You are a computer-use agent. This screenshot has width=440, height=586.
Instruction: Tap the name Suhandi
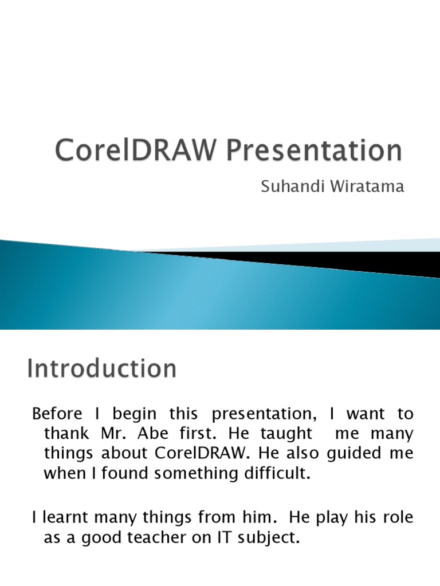coord(288,187)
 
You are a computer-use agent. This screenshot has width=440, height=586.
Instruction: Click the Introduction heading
coord(101,368)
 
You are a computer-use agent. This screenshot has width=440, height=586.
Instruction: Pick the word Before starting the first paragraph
coord(57,414)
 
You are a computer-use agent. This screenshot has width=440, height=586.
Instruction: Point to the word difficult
coord(273,474)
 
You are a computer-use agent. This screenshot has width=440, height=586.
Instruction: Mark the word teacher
coord(167,538)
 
